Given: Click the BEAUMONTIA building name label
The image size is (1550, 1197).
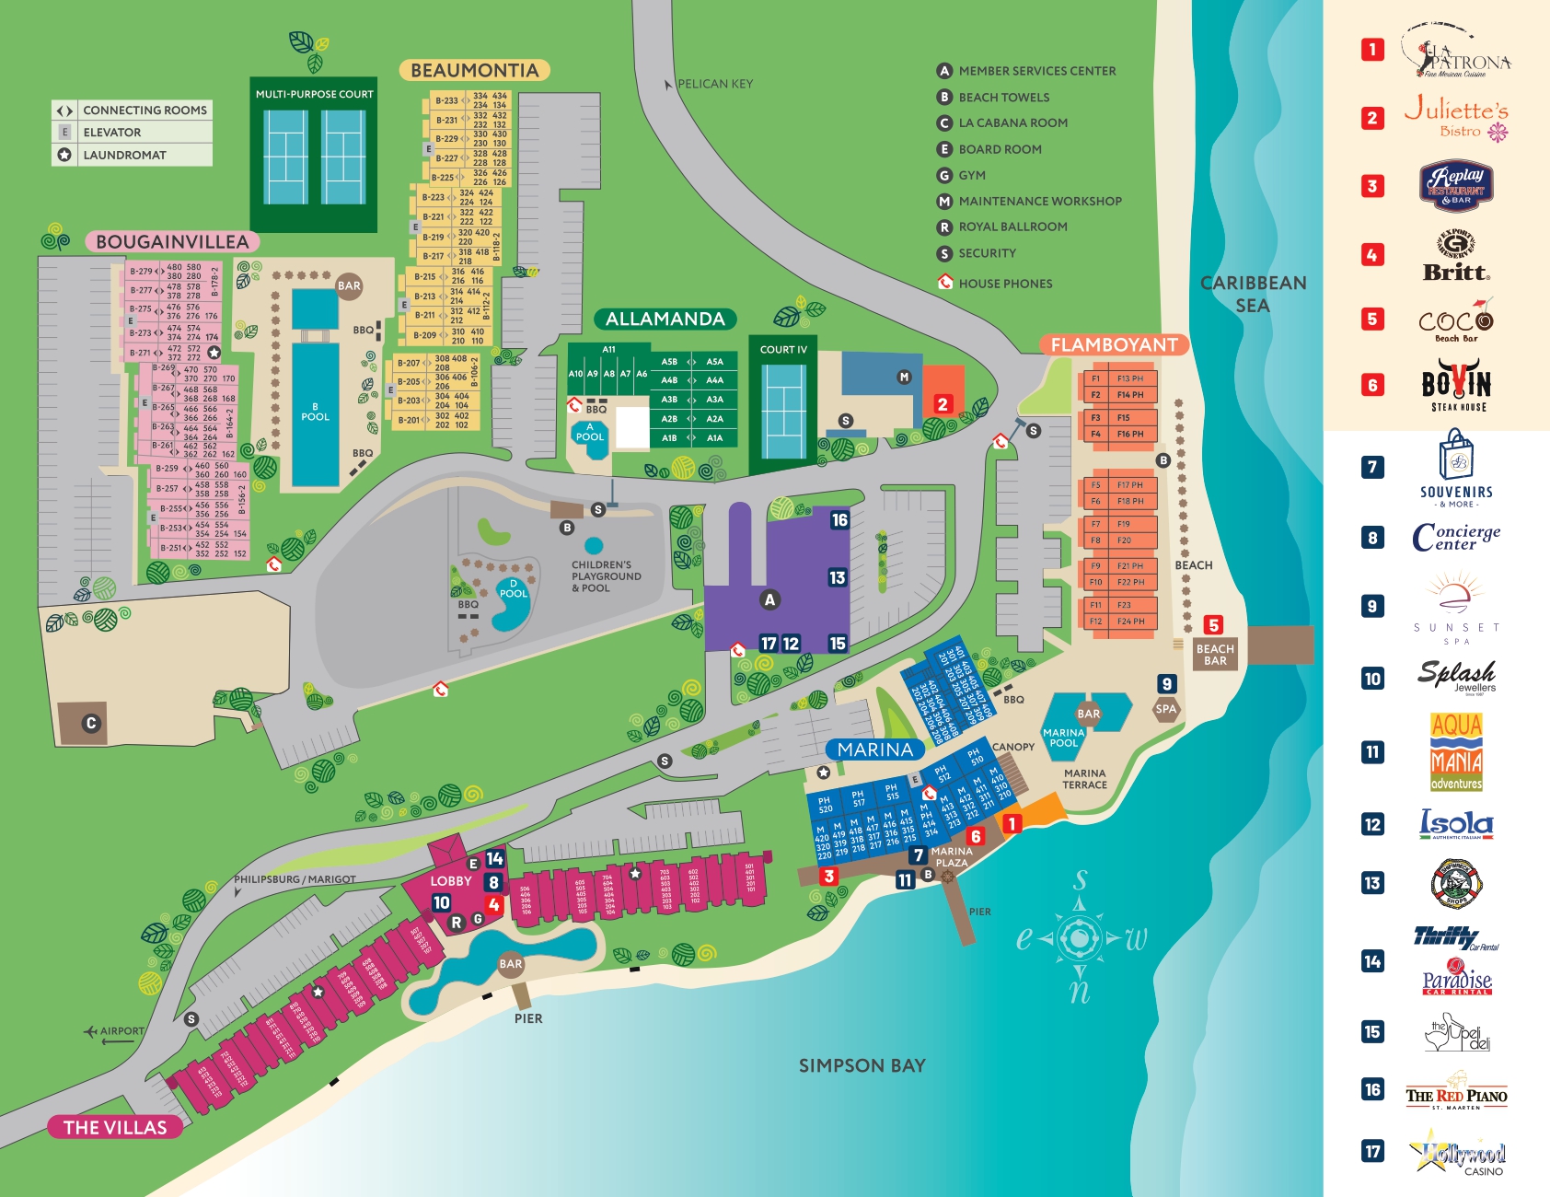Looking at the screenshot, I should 474,71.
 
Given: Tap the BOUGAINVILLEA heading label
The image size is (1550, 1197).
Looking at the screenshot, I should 172,242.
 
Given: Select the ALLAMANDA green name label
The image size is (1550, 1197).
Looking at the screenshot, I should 665,320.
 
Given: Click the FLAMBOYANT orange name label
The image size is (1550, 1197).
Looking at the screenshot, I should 1114,345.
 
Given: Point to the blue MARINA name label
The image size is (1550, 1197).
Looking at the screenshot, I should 874,750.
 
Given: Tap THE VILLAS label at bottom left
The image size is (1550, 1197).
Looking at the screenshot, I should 115,1127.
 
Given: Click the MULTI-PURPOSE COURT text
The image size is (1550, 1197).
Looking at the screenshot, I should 314,94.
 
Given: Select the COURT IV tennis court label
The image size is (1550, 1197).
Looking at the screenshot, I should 783,350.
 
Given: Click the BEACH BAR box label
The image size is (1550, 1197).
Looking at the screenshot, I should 1215,655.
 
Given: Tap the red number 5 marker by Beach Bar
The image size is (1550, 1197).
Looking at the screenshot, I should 1213,626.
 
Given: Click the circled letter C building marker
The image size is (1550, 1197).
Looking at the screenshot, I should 90,723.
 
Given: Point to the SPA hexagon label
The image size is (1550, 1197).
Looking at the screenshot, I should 1165,709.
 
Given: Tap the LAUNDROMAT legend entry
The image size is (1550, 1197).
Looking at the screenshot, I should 124,155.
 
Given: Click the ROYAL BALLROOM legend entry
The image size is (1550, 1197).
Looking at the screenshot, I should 1012,227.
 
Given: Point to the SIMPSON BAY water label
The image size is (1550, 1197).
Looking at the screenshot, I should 862,1065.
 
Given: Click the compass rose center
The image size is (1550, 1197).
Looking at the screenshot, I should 1078,938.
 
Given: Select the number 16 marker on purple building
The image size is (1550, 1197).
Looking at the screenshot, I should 839,520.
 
